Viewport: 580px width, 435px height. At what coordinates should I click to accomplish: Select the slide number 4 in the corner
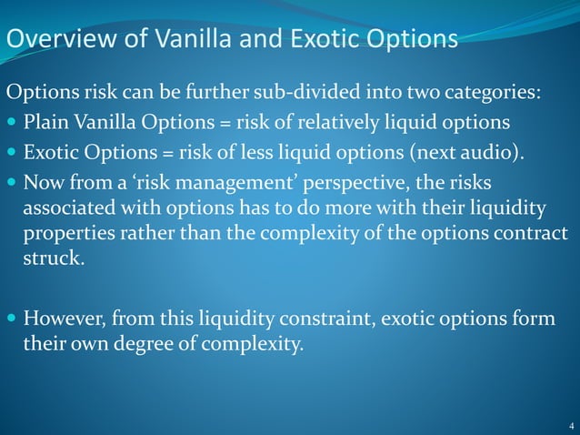[569, 426]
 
